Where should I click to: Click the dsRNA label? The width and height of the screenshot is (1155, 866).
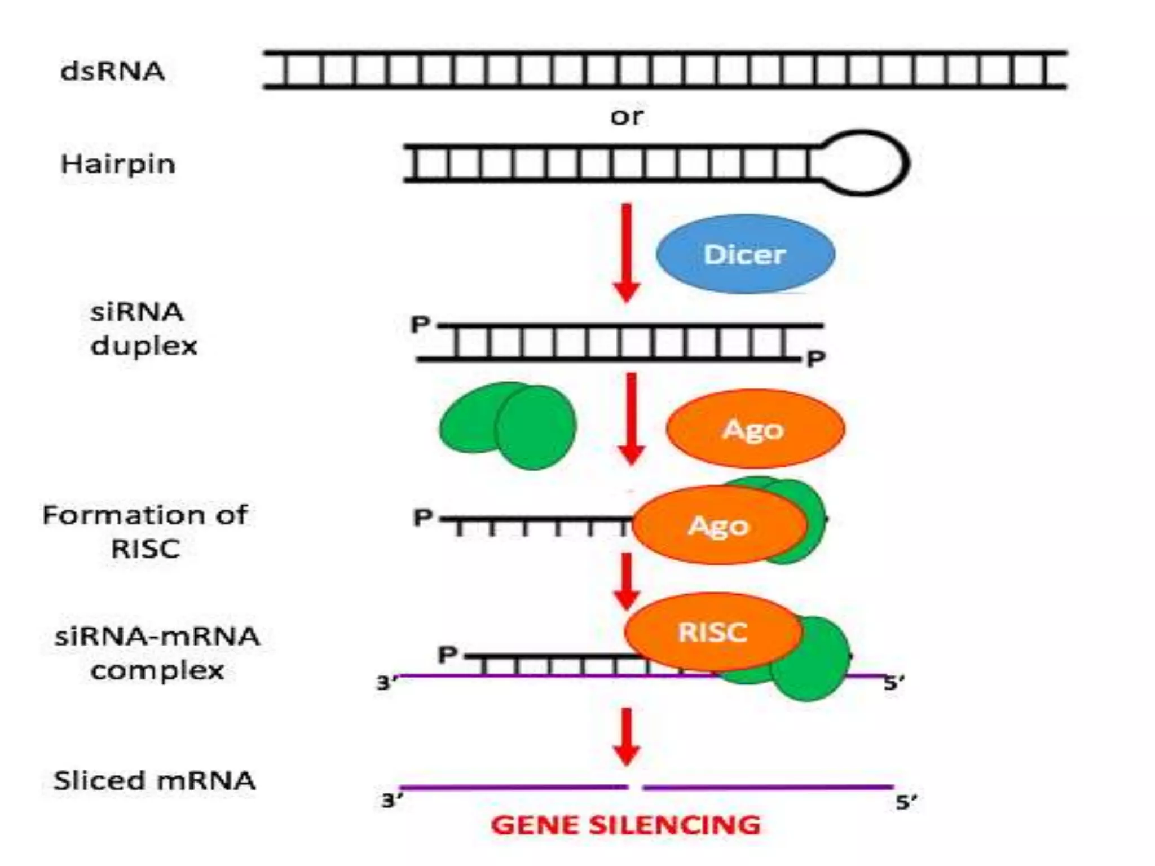point(112,71)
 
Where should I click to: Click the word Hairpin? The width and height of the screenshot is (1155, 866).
point(118,164)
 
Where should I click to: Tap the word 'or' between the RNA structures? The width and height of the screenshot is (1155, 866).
point(627,116)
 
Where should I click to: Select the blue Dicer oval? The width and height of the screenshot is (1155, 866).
point(745,254)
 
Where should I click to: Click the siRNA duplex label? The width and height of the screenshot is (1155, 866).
point(143,329)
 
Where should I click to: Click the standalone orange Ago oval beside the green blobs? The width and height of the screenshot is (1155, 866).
point(755,429)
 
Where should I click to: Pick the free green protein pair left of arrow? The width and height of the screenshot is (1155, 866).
point(508,425)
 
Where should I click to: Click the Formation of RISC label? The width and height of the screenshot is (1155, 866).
point(145,532)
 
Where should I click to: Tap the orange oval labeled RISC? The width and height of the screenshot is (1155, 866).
point(713,631)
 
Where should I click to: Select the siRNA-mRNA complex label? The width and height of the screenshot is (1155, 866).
point(157,653)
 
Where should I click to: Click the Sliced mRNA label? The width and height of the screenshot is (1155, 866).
point(154,781)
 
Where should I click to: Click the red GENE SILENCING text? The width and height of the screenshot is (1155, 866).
point(626,825)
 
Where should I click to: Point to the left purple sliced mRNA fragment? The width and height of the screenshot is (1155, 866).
point(513,787)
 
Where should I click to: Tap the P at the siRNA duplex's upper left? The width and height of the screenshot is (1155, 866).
point(421,324)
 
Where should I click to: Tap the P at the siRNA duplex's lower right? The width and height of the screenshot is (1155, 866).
point(816,359)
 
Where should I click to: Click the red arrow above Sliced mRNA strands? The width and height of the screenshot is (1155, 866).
point(627,736)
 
